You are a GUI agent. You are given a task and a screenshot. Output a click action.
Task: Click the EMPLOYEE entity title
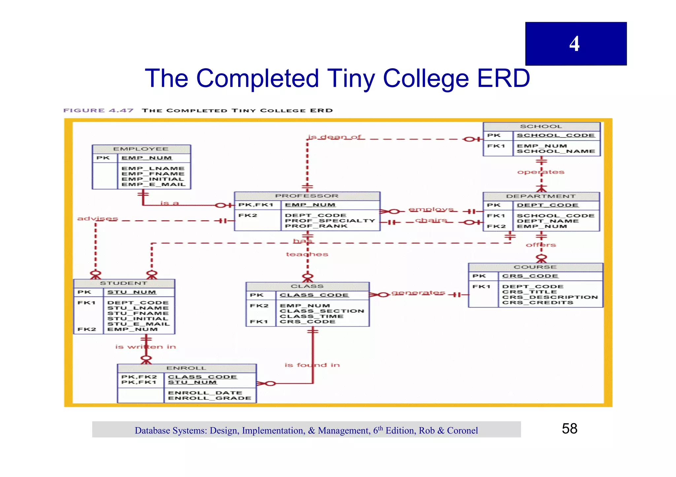[141, 149]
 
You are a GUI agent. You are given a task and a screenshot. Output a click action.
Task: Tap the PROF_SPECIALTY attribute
[330, 221]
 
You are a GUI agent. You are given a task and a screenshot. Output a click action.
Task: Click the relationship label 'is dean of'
[334, 137]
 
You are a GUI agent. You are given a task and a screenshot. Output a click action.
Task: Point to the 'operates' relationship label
[541, 172]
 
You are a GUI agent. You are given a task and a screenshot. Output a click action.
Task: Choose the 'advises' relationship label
[97, 219]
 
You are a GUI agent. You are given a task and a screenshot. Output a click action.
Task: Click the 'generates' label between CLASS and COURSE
[418, 293]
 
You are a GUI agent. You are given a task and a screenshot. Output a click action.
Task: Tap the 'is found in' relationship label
[312, 365]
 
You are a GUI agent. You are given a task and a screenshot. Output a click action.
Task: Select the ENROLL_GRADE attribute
[209, 398]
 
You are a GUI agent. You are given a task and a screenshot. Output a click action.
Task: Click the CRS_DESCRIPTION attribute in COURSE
[550, 297]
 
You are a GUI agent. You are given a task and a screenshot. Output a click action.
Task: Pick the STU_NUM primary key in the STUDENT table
[131, 292]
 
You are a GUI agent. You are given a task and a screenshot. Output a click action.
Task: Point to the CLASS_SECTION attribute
[322, 311]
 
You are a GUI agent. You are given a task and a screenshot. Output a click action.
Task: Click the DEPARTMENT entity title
[540, 196]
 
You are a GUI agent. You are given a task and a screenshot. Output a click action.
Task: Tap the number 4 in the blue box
[574, 44]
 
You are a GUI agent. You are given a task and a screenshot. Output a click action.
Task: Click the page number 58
[569, 429]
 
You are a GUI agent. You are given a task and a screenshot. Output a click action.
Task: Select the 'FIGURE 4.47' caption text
[98, 110]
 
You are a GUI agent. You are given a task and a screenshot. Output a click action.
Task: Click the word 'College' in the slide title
[426, 78]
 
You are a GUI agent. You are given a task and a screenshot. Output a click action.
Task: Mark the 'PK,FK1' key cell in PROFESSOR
[256, 205]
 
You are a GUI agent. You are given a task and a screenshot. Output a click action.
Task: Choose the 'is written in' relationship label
[145, 347]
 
